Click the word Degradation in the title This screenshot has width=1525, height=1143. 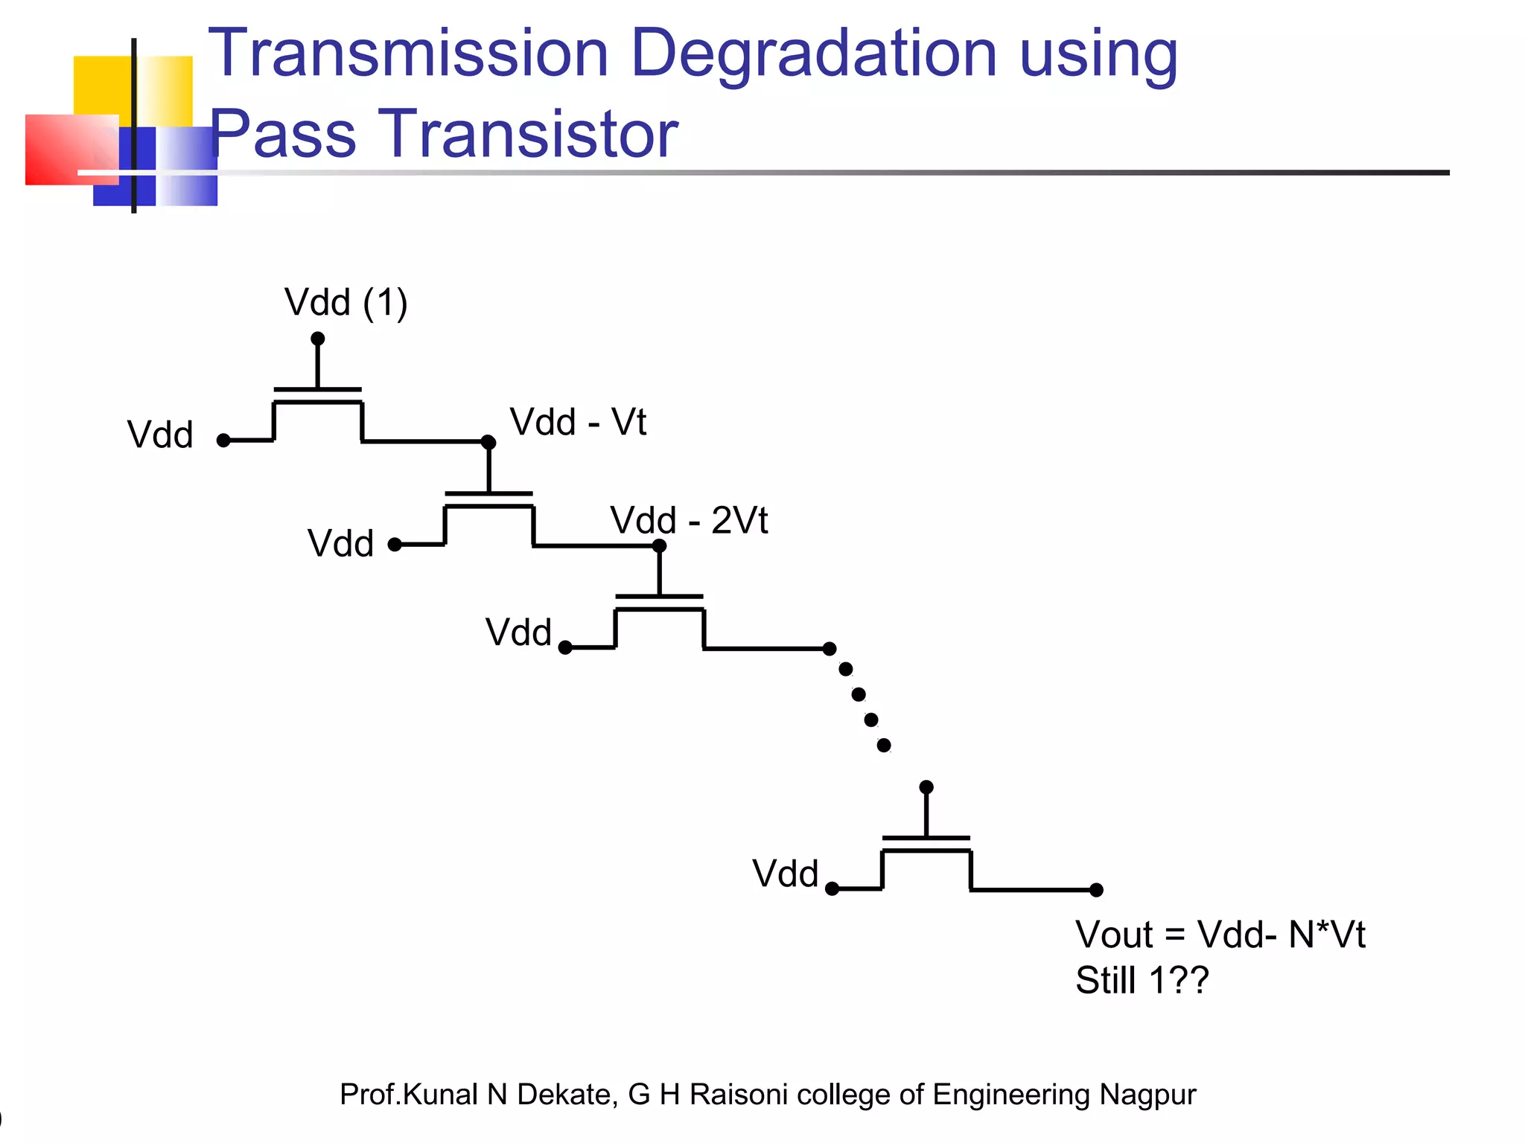click(813, 55)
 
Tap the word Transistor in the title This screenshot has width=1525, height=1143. click(529, 135)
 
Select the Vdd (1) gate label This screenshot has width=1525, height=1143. click(346, 303)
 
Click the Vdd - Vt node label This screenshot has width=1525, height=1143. click(578, 422)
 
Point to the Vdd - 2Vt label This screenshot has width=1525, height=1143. click(689, 520)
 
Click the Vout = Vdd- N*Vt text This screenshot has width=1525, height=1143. click(1220, 935)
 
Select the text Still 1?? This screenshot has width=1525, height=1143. click(1142, 980)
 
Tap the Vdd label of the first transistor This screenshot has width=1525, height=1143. click(160, 435)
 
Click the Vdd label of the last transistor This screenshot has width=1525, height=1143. click(785, 874)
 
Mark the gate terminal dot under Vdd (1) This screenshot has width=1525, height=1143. click(318, 339)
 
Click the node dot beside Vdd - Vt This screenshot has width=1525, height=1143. click(488, 443)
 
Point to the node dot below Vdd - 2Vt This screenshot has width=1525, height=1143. click(659, 546)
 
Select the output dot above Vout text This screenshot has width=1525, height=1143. click(1096, 890)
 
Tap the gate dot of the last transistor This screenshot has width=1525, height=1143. click(926, 787)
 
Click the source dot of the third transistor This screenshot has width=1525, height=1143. click(565, 648)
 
